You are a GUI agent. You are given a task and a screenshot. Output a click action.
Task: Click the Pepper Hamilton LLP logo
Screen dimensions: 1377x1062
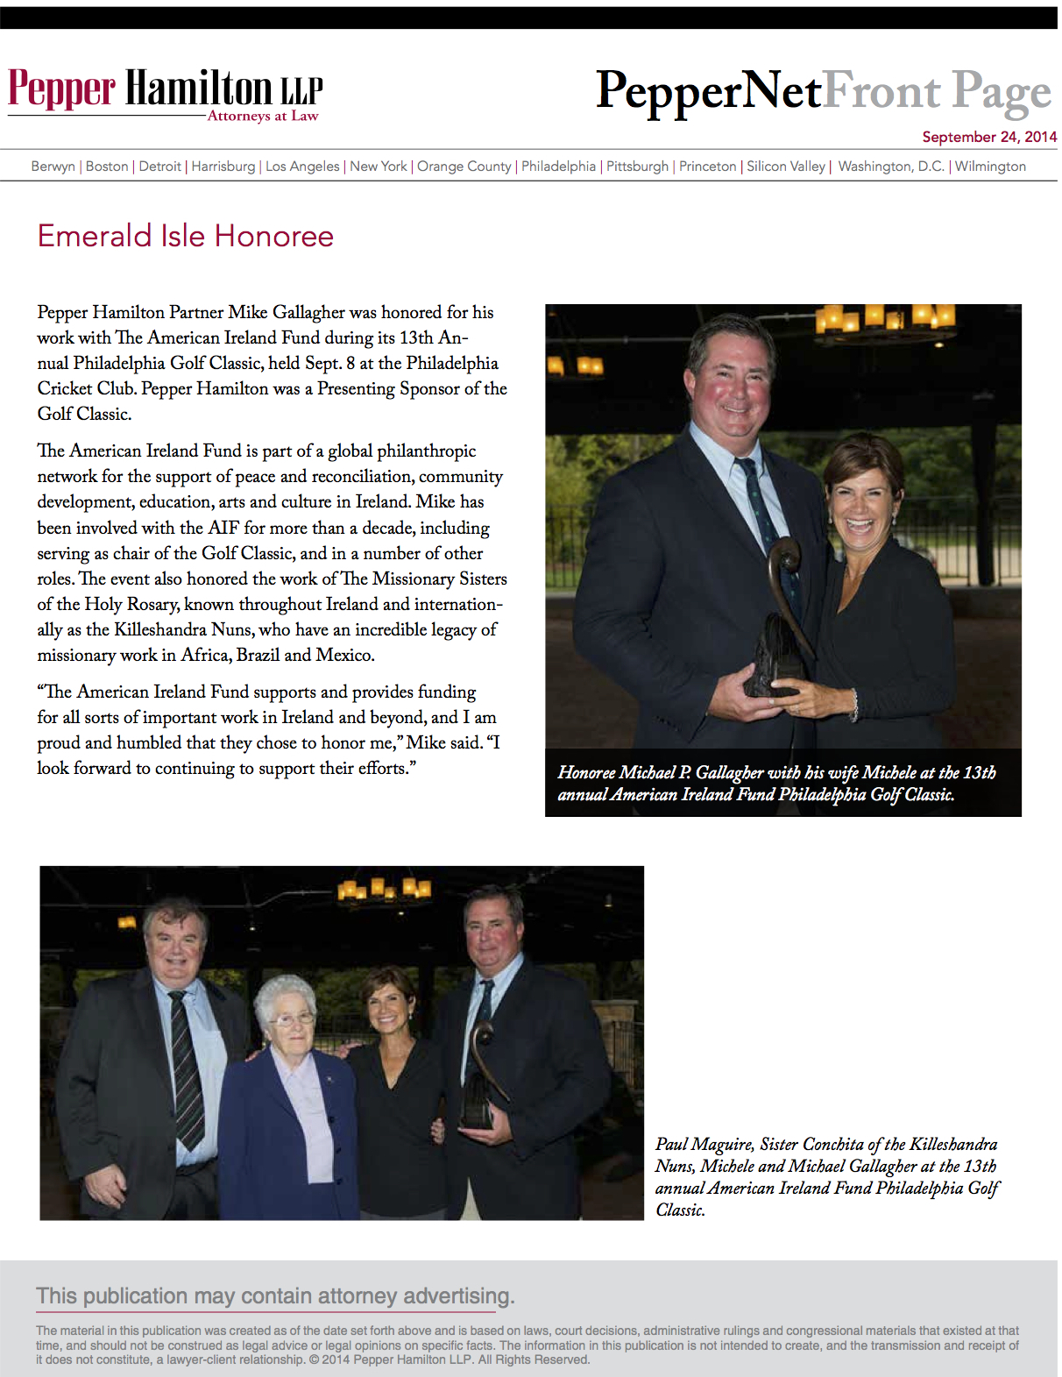pyautogui.click(x=166, y=93)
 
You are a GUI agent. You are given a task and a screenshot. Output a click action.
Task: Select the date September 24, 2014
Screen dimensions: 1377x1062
pyautogui.click(x=988, y=137)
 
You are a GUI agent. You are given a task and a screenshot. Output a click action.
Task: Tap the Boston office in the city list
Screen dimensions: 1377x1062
pyautogui.click(x=107, y=167)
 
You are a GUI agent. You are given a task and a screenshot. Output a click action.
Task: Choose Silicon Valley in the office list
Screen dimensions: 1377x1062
pyautogui.click(x=785, y=167)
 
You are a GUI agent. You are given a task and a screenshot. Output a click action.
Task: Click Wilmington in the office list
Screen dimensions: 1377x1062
pyautogui.click(x=990, y=167)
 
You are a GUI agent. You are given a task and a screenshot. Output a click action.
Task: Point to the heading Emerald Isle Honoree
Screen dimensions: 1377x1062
pyautogui.click(x=186, y=237)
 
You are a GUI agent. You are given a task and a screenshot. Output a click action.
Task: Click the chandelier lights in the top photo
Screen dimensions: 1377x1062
pyautogui.click(x=885, y=316)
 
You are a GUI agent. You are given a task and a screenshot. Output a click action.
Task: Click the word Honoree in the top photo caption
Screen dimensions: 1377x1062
pyautogui.click(x=586, y=773)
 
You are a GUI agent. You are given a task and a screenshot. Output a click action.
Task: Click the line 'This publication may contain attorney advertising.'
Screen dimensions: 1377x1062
pyautogui.click(x=275, y=1296)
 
